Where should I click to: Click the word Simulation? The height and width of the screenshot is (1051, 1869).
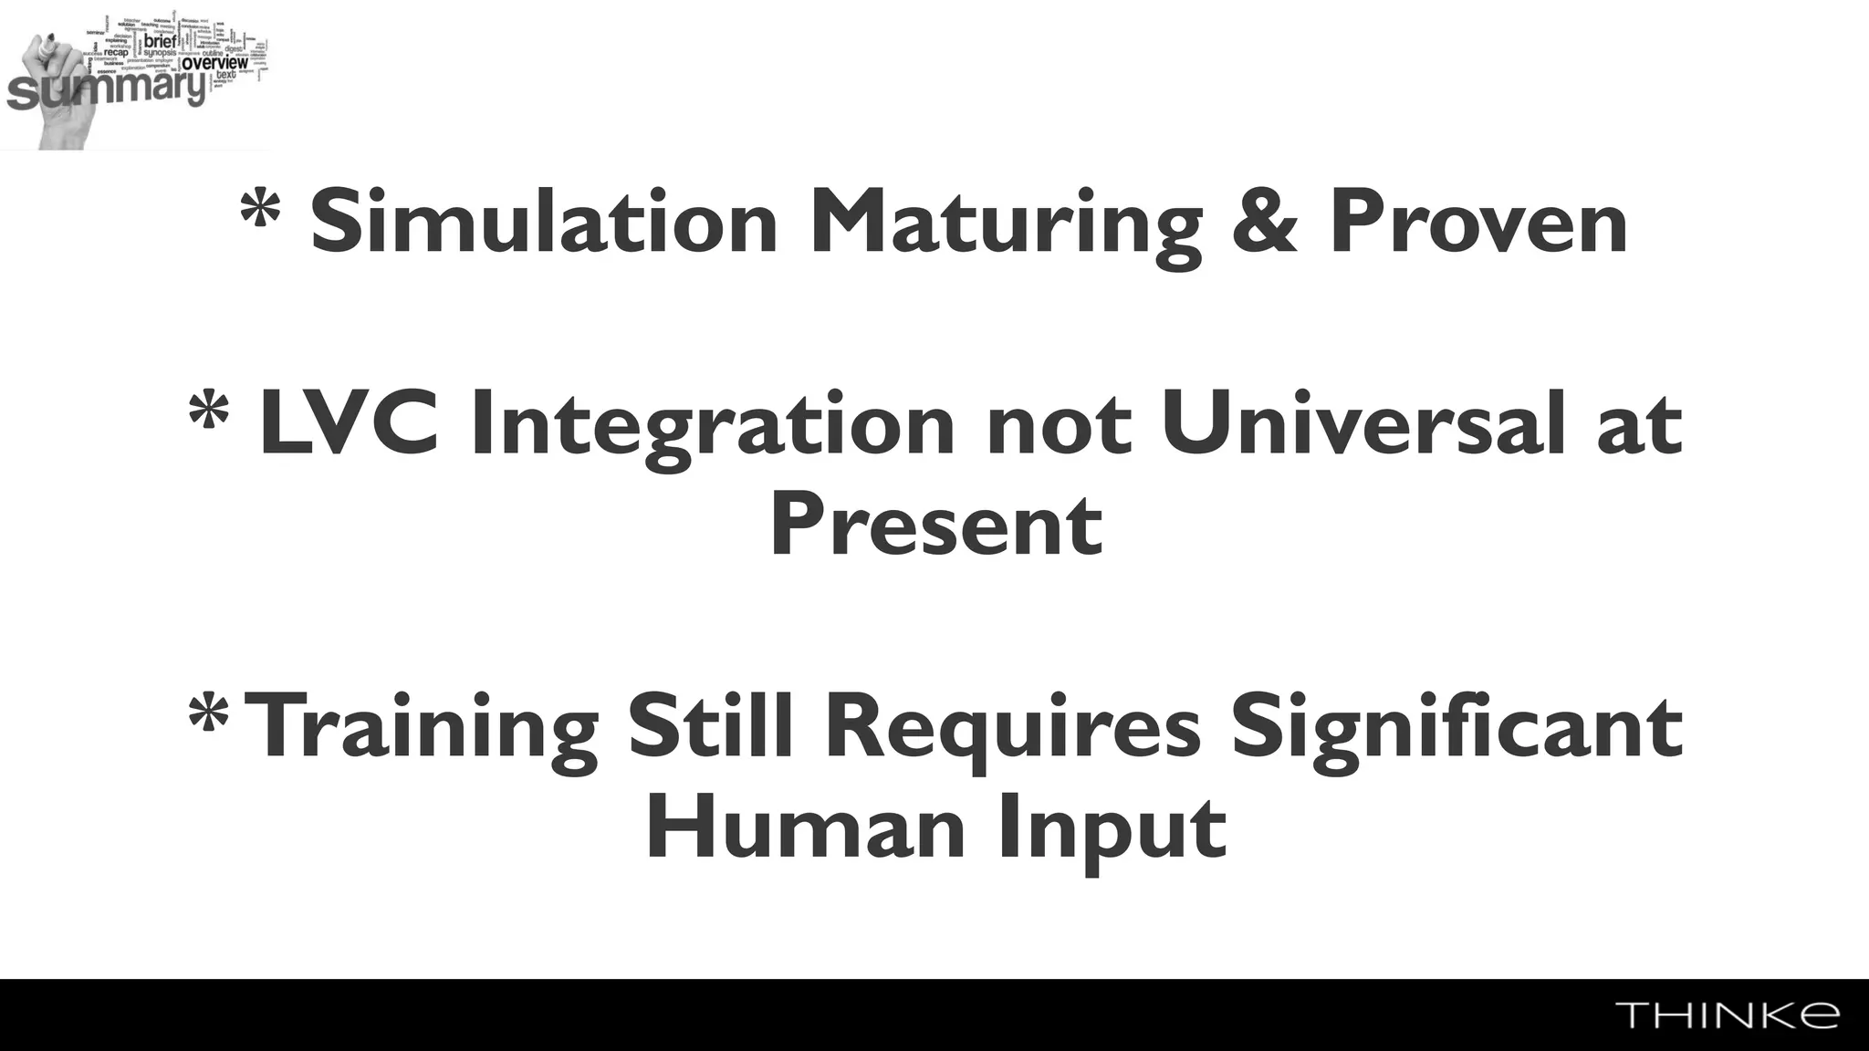pyautogui.click(x=544, y=222)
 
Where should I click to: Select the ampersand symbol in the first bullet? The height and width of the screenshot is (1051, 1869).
pyautogui.click(x=1265, y=222)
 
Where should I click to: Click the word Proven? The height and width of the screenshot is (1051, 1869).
pyautogui.click(x=1478, y=222)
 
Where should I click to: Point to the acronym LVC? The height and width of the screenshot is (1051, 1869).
pyautogui.click(x=350, y=424)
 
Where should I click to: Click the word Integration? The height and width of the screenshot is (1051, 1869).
pyautogui.click(x=712, y=428)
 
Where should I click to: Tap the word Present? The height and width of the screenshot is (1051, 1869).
pyautogui.click(x=936, y=525)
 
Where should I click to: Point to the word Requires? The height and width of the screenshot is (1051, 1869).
pyautogui.click(x=1013, y=729)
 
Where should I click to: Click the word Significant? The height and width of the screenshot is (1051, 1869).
pyautogui.click(x=1457, y=729)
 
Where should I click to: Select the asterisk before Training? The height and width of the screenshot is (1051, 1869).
pyautogui.click(x=207, y=715)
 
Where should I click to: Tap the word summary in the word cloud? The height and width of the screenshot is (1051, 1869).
pyautogui.click(x=105, y=90)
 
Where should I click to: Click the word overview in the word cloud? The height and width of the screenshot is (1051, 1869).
pyautogui.click(x=214, y=63)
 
